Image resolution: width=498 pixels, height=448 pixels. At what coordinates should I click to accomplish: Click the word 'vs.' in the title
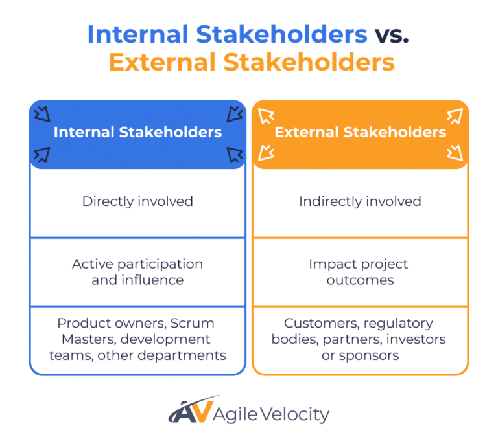(391, 34)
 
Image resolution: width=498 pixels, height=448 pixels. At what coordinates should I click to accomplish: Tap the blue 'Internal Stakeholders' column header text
(137, 133)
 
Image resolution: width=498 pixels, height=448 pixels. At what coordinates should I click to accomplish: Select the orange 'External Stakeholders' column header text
(360, 133)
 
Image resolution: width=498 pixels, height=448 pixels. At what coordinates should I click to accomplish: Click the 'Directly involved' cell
(137, 201)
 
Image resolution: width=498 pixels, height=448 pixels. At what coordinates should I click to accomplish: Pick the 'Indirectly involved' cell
(360, 201)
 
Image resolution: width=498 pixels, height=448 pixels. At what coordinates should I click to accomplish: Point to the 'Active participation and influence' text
(137, 272)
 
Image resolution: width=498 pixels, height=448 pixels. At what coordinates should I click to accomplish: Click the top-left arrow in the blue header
(42, 115)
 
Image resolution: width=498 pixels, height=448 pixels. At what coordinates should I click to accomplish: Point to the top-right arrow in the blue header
(234, 115)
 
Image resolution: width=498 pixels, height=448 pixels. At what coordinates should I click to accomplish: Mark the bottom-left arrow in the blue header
(42, 154)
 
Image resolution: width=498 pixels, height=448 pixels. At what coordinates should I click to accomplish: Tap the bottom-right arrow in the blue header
(234, 154)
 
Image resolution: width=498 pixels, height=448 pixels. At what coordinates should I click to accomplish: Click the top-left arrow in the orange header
(266, 116)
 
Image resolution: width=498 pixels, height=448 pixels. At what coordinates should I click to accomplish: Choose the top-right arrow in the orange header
(455, 116)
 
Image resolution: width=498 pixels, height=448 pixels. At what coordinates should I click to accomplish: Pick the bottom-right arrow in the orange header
(455, 153)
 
